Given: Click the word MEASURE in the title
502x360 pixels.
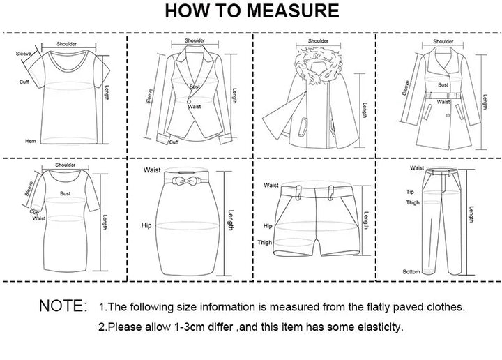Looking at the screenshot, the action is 293,10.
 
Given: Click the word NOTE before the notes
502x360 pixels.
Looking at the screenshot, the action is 61,306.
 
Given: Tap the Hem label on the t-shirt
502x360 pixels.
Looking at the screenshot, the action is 31,141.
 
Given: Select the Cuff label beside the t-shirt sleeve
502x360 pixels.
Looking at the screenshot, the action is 24,82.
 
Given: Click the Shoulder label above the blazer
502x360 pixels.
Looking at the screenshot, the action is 195,40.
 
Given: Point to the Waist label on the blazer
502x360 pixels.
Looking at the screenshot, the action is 195,106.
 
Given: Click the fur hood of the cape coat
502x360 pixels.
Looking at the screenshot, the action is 318,66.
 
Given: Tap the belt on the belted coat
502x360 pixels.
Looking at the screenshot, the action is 443,96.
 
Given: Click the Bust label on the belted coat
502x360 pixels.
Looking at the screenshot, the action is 443,84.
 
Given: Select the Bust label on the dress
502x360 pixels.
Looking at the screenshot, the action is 65,193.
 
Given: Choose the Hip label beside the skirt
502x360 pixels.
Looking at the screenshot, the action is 146,225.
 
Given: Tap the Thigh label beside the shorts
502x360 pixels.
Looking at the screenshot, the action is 264,243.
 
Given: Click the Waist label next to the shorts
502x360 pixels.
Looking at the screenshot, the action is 271,185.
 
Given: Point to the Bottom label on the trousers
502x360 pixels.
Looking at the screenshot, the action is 411,271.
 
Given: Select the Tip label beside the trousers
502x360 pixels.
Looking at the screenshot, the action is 410,192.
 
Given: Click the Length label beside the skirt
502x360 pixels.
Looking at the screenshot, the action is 231,220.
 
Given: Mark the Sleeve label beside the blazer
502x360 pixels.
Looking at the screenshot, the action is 149,96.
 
